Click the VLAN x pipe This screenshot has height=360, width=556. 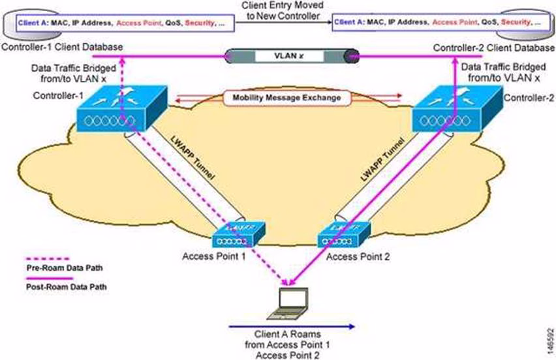tap(291, 56)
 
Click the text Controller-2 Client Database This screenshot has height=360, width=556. tap(495, 48)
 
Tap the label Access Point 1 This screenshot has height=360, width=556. tap(215, 256)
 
